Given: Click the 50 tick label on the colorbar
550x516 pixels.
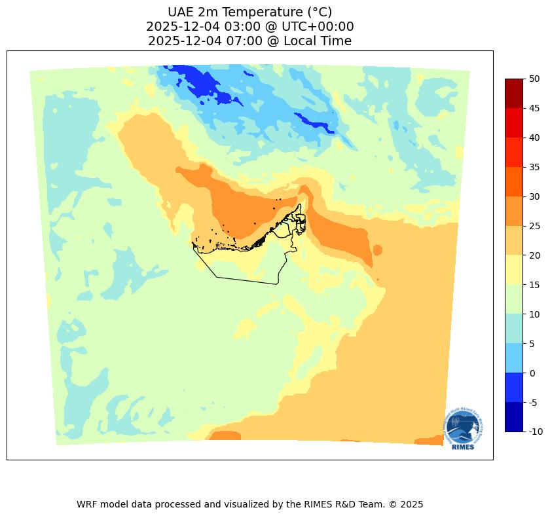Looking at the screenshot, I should click(x=534, y=79).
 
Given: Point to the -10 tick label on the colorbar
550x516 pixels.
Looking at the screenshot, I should click(x=536, y=432).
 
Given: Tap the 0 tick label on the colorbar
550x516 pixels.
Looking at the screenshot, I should click(x=532, y=373).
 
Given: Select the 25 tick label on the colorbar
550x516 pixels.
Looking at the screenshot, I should click(x=534, y=226).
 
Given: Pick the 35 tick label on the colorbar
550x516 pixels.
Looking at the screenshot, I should click(x=534, y=167).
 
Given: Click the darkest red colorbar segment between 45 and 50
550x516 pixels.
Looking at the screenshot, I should click(x=514, y=93).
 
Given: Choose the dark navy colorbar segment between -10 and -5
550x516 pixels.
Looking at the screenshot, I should click(x=514, y=417).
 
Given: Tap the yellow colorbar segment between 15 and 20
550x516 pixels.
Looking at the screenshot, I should click(x=514, y=270).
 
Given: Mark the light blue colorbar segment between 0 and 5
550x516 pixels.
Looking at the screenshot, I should click(x=514, y=358).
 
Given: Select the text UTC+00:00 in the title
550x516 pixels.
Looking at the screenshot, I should click(x=317, y=27).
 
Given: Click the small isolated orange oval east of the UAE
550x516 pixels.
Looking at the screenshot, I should click(x=377, y=249).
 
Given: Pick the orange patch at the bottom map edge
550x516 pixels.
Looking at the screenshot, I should click(x=225, y=435).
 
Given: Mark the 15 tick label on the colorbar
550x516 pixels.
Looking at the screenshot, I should click(x=534, y=285).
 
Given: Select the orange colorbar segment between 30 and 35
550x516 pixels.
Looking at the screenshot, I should click(x=514, y=181).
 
